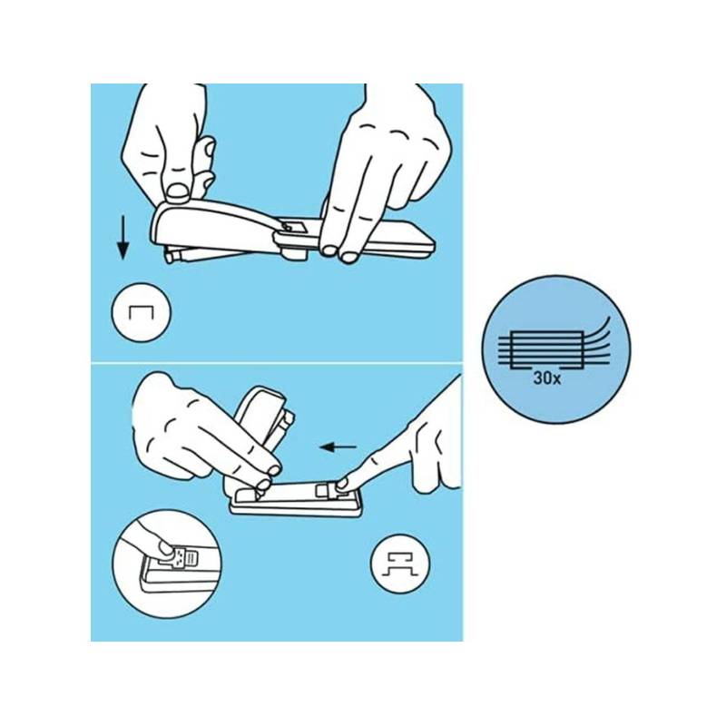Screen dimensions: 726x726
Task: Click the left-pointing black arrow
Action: click(x=338, y=447)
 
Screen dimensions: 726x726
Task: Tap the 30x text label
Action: click(x=547, y=378)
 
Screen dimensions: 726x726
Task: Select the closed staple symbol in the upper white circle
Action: click(x=141, y=313)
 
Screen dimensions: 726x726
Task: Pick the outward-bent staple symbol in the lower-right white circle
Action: click(x=400, y=564)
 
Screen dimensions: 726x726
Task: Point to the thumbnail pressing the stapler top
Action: click(x=177, y=191)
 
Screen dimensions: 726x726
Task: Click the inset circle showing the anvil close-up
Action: click(x=166, y=564)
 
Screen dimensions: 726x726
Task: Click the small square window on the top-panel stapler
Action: click(x=292, y=226)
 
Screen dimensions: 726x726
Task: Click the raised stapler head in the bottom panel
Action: click(x=260, y=417)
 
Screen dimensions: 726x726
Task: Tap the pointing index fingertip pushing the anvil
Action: click(x=343, y=484)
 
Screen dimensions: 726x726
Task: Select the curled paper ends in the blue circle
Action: click(x=597, y=338)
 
